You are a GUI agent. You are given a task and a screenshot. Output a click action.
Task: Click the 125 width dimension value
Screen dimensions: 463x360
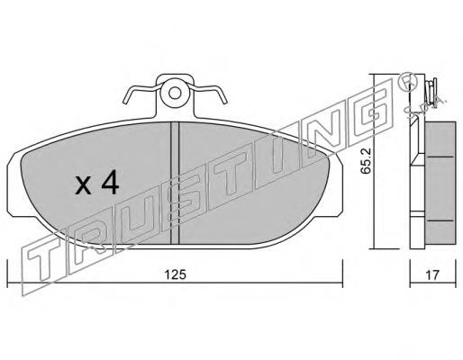click(x=175, y=274)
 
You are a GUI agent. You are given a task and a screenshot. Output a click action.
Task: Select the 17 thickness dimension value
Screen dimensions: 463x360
click(x=432, y=274)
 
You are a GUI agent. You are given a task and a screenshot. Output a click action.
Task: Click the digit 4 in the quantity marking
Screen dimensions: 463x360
click(x=110, y=184)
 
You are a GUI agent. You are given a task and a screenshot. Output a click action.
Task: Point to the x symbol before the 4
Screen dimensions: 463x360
click(x=83, y=185)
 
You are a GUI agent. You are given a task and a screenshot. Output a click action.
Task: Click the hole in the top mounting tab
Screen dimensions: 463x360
click(x=175, y=93)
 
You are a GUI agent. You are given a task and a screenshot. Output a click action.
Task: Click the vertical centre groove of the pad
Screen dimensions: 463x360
click(x=175, y=183)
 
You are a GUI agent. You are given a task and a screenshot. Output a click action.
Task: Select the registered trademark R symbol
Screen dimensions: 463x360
click(x=408, y=83)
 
